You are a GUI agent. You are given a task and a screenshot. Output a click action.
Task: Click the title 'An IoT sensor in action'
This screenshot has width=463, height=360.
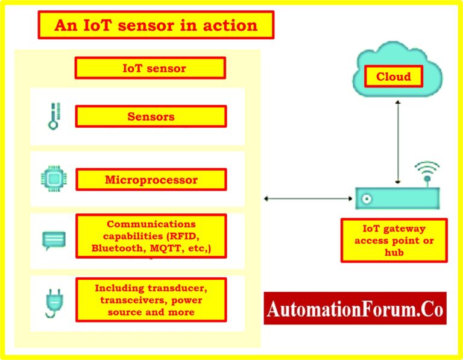coord(156,25)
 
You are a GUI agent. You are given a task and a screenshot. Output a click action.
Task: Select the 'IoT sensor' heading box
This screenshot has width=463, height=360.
coord(150,68)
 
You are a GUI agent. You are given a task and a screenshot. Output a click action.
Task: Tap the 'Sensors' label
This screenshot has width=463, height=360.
coord(151,116)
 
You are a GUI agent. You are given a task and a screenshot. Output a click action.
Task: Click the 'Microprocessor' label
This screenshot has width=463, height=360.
coord(151,180)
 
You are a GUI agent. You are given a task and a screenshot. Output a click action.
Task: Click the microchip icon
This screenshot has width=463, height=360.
coord(51,179)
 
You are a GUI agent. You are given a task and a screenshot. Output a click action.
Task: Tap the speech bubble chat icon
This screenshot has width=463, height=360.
coord(52,241)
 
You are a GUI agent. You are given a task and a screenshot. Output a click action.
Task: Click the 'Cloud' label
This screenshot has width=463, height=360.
coord(393,77)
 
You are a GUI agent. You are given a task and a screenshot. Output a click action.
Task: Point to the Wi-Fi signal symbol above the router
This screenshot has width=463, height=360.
coord(426,171)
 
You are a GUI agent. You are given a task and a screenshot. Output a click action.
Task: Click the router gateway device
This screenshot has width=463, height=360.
coord(397,198)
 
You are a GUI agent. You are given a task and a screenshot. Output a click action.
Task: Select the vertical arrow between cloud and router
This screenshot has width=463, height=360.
coord(397,141)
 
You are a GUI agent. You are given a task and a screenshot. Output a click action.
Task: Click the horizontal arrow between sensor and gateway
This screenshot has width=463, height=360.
coord(307,198)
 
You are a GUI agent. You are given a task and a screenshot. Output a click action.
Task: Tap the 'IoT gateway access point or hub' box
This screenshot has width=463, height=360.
coord(394,241)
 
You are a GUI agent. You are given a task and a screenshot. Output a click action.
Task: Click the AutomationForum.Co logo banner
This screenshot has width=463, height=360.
coord(356,309)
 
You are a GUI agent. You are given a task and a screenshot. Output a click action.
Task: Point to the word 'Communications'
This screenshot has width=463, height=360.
coord(151,224)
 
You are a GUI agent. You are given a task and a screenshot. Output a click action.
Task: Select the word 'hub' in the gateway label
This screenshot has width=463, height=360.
coord(394,253)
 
